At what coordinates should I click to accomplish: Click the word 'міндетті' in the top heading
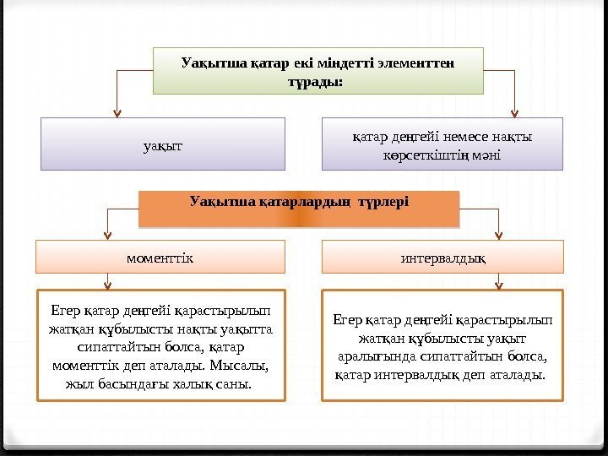tap(345, 62)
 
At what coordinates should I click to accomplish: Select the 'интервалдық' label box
tap(442, 257)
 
